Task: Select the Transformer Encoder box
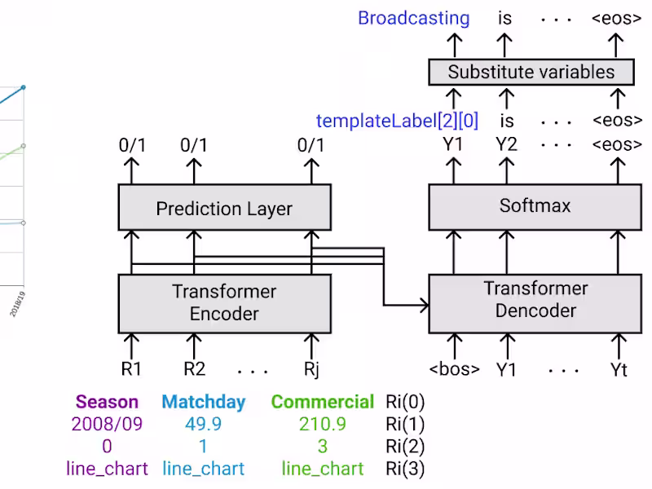(x=224, y=302)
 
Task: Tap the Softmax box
(x=535, y=205)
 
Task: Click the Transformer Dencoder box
(x=535, y=299)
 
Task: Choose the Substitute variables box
(x=531, y=72)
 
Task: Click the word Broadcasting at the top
(x=414, y=18)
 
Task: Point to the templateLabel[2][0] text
(x=397, y=121)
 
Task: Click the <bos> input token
(x=454, y=369)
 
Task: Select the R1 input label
(x=131, y=369)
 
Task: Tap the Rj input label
(x=311, y=369)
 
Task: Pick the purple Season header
(x=107, y=402)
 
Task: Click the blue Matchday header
(x=203, y=402)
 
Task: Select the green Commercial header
(x=323, y=402)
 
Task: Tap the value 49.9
(x=203, y=424)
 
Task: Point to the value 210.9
(x=323, y=424)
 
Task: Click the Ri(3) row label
(x=405, y=469)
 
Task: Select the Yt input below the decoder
(x=619, y=369)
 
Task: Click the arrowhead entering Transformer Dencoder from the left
(x=424, y=306)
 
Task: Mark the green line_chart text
(x=323, y=469)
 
